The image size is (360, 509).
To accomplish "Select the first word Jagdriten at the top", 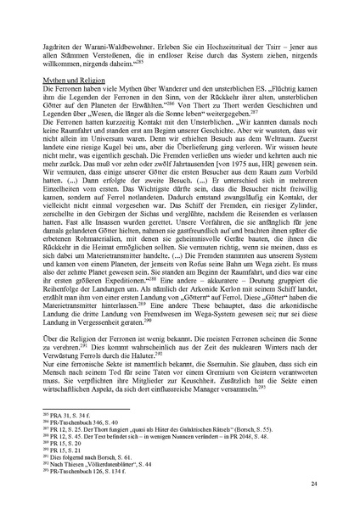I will pyautogui.click(x=67, y=38).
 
